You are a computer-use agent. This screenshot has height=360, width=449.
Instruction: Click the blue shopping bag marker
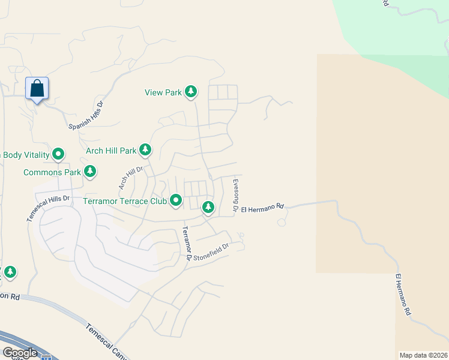point(37,89)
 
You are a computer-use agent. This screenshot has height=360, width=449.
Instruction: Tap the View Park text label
point(163,92)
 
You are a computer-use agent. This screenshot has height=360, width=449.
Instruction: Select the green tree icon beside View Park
point(191,92)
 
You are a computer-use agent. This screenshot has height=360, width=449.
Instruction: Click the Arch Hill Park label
point(112,151)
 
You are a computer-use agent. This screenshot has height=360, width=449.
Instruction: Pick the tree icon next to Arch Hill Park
point(145,149)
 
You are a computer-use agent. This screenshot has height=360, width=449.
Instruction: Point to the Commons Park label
point(52,173)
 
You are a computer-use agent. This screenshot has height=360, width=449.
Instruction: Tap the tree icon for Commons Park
point(89,172)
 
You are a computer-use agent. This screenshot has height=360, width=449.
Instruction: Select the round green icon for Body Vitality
point(58,155)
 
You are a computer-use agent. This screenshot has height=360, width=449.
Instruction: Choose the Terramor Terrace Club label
point(124,200)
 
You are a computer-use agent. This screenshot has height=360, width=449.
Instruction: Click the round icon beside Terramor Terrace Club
point(176,200)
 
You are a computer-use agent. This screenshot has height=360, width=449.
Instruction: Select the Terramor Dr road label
point(186,242)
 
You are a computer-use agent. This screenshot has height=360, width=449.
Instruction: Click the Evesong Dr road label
point(235,194)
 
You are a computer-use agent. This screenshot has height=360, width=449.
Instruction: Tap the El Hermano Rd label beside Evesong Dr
point(262,208)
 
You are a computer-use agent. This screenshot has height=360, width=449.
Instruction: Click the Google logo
point(20,353)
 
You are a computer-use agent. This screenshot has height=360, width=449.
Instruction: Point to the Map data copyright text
point(424,355)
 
